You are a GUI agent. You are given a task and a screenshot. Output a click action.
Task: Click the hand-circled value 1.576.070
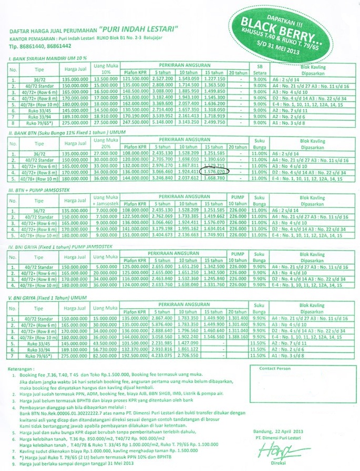pos(217,171)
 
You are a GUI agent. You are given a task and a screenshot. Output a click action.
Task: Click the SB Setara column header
pos(258,69)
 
